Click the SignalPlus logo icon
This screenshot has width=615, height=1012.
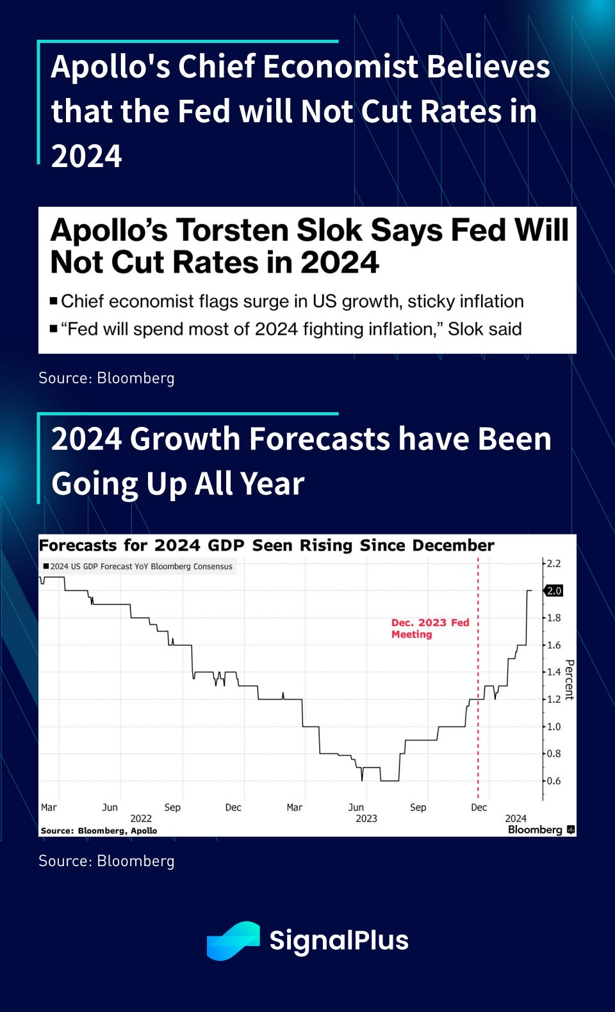(233, 940)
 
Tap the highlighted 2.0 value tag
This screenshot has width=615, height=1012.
(553, 590)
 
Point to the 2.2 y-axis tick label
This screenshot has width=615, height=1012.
(554, 563)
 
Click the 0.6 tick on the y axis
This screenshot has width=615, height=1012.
(554, 781)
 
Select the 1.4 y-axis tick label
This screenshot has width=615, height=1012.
(554, 672)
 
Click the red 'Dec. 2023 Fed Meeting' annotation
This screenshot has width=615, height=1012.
(430, 629)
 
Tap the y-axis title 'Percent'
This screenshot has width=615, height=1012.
(570, 680)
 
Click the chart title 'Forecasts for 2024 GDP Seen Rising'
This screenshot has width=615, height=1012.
(266, 545)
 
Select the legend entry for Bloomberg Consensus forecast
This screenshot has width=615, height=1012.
(138, 566)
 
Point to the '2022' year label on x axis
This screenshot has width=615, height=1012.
(141, 818)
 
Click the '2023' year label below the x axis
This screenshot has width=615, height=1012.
(366, 818)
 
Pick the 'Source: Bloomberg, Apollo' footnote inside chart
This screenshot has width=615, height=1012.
(99, 830)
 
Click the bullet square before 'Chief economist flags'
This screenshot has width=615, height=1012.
(54, 301)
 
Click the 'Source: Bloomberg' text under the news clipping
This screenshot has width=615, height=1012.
(107, 378)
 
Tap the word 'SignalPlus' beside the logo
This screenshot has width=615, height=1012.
(339, 940)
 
